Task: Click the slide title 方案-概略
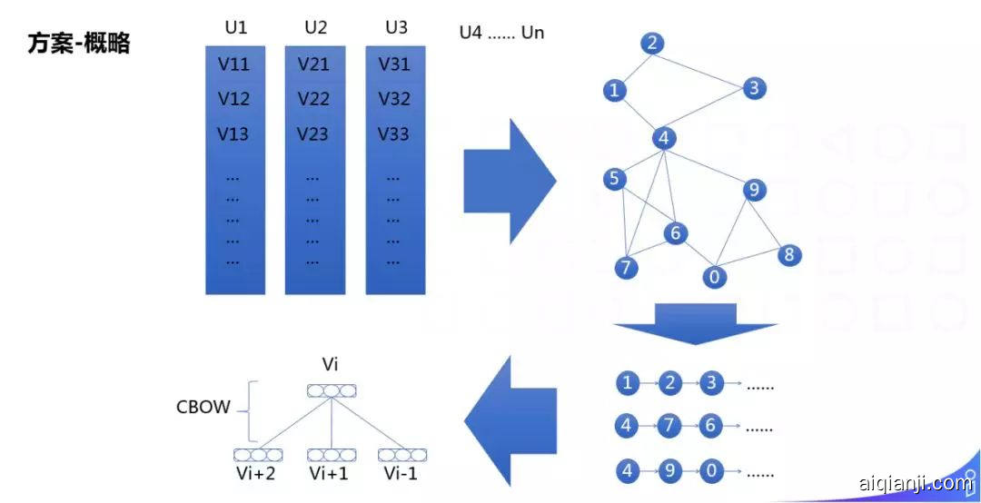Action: point(79,44)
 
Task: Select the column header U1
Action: point(235,27)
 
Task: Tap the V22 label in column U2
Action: point(313,98)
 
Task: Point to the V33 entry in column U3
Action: point(394,133)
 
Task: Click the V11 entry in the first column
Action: point(233,64)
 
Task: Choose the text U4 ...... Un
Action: point(502,34)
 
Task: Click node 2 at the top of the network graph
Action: point(652,43)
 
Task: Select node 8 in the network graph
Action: point(788,255)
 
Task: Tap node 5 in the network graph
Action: point(615,179)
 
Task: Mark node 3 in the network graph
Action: point(753,88)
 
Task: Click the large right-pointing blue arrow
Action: point(509,180)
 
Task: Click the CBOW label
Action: point(203,408)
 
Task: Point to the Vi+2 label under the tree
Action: point(254,473)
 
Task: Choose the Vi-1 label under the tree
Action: point(400,473)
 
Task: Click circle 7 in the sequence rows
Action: point(669,425)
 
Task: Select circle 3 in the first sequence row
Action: point(711,383)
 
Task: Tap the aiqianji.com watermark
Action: point(913,483)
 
